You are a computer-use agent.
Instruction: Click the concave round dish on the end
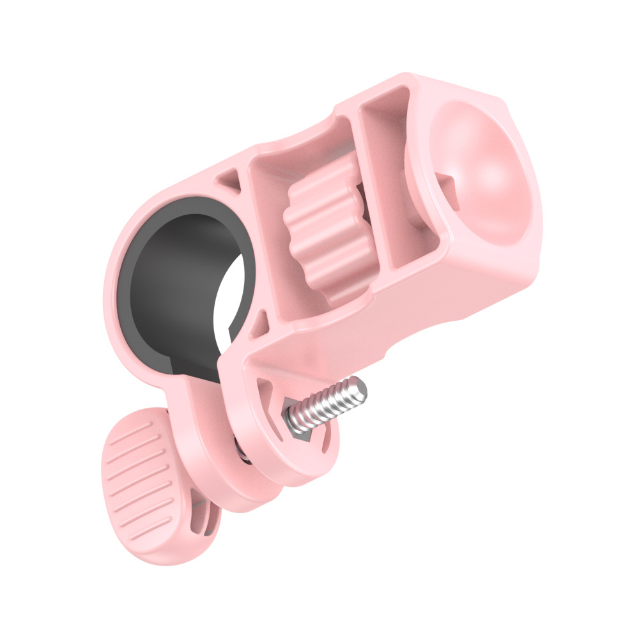(x=482, y=173)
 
